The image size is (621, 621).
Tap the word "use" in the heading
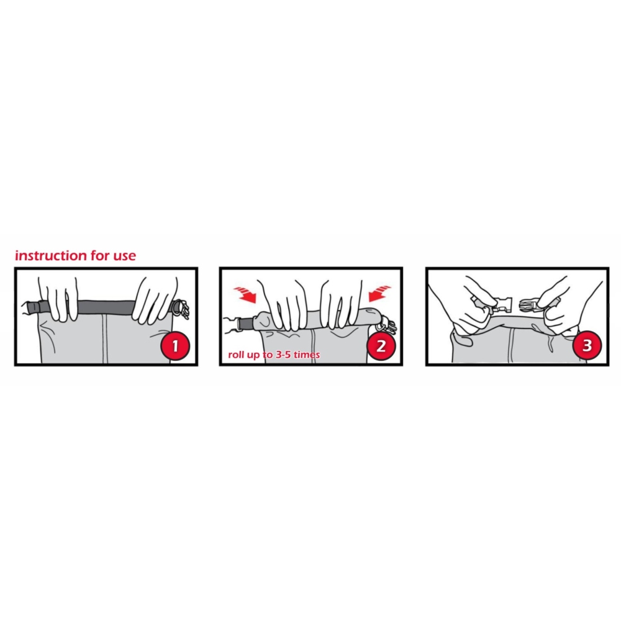point(125,256)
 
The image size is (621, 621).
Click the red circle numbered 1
point(175,346)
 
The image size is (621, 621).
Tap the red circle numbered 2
point(381,346)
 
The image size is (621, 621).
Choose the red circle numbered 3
point(587,346)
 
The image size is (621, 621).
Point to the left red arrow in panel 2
point(245,294)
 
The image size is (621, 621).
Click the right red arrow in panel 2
point(379,293)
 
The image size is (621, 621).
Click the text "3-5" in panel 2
point(283,355)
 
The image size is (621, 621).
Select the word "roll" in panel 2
point(236,355)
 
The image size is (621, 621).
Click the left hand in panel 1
point(59,297)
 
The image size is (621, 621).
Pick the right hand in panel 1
point(155,300)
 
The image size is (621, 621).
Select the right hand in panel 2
point(342,304)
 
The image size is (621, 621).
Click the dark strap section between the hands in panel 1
point(106,307)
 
